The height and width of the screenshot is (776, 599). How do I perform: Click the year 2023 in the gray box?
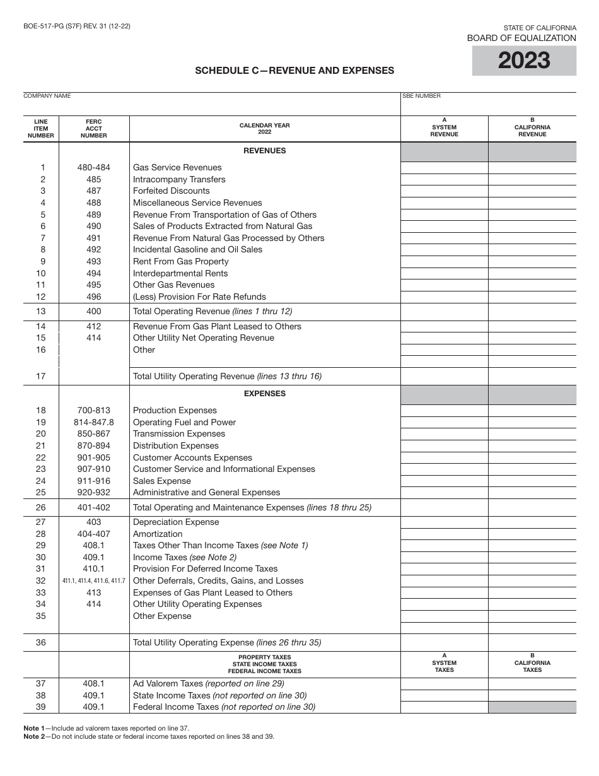(524, 61)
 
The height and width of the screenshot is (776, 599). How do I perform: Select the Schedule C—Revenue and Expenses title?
(294, 71)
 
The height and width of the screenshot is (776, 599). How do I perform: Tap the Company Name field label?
(47, 96)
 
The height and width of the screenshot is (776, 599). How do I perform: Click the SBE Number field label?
(421, 96)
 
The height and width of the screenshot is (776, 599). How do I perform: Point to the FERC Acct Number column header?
(94, 129)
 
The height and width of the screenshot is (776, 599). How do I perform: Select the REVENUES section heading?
(264, 151)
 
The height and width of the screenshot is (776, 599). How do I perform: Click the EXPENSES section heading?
(264, 394)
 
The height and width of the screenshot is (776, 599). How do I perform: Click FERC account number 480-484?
(94, 168)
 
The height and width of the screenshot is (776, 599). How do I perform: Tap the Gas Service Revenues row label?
(177, 168)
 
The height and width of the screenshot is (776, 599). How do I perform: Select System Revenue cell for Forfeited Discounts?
(444, 191)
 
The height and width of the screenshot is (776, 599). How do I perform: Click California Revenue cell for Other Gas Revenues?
(532, 285)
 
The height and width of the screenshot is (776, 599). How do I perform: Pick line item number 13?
(41, 311)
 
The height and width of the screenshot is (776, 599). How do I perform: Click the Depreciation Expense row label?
(176, 522)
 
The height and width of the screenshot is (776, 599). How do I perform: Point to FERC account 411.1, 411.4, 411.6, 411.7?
(94, 581)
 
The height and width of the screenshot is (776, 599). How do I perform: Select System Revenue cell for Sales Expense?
(444, 481)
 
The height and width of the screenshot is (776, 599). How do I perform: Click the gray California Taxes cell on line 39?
(532, 707)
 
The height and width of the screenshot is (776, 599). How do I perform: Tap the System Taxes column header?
(444, 663)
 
